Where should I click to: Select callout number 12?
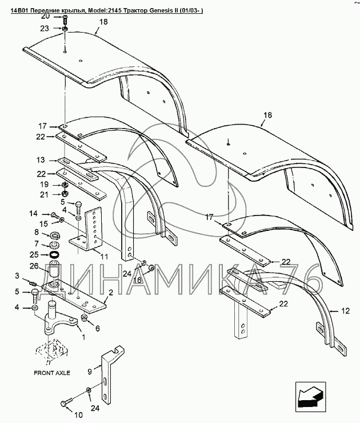point(345,311)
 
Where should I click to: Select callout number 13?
point(41,160)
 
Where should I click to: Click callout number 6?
point(97,328)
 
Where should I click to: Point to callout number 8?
point(37,232)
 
